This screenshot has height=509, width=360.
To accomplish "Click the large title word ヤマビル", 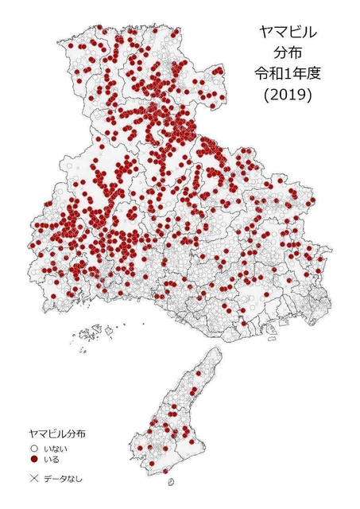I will click(x=287, y=33).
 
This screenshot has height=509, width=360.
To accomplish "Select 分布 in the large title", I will click(x=287, y=53).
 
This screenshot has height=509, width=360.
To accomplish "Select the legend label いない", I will click(x=56, y=449).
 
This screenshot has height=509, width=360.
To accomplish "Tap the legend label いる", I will click(x=52, y=459).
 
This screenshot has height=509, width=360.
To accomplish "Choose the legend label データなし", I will click(x=63, y=479).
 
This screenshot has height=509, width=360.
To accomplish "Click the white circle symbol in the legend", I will click(x=34, y=449).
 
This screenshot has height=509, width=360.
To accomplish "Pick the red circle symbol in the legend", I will click(x=34, y=459).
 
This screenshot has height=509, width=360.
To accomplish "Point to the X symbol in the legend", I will click(x=34, y=479).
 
